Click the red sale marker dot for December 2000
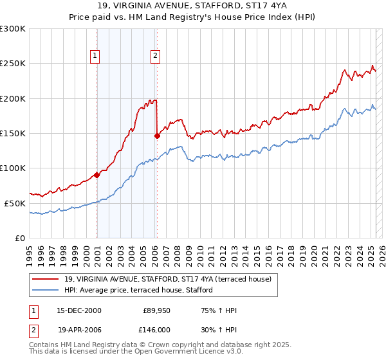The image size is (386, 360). coord(97,174)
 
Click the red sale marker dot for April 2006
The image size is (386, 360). coord(157,136)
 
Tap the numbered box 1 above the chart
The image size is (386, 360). coord(95,56)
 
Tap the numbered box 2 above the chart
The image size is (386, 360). coord(155,56)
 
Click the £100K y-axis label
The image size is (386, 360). coord(13,168)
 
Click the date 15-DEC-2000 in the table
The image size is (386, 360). coord(79,310)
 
